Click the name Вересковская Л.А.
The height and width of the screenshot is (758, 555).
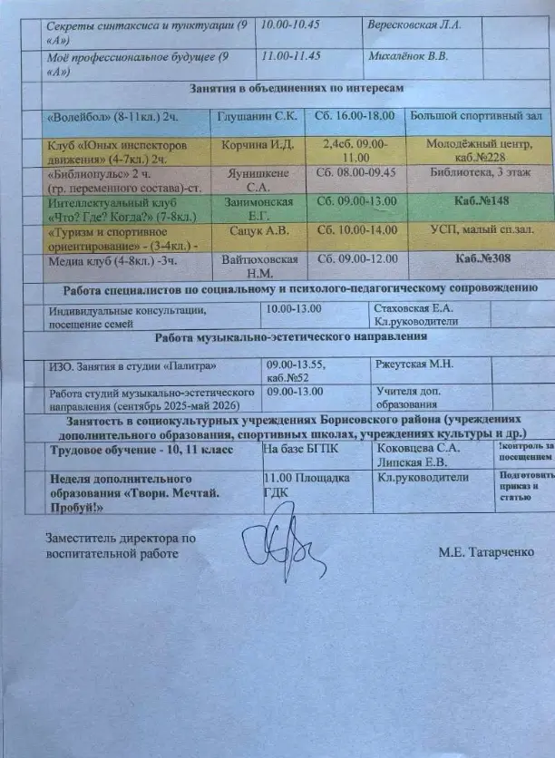point(414,24)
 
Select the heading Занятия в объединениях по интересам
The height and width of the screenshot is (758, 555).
point(296,88)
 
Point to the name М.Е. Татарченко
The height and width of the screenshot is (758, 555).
point(483,551)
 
